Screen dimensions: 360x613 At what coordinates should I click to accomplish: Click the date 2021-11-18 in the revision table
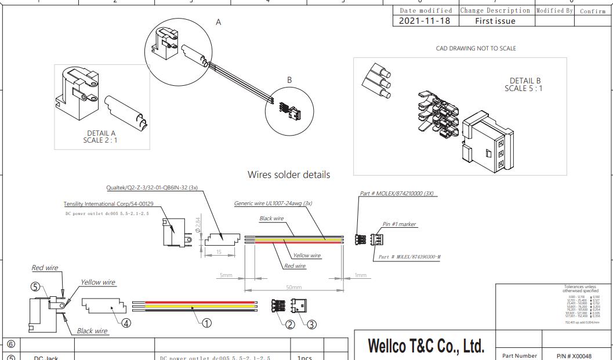tap(425, 21)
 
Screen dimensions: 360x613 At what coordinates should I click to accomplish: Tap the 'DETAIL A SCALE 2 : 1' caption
tap(101, 136)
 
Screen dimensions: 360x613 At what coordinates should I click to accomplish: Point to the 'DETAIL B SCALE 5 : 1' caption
tap(525, 85)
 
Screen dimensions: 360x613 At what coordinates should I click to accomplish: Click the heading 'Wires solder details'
tap(289, 174)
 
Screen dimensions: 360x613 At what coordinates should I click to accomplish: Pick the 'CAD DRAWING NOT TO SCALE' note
tap(476, 49)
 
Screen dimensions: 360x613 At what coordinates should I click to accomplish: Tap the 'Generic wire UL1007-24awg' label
tap(273, 203)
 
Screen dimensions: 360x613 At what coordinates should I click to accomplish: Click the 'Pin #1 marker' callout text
tap(399, 224)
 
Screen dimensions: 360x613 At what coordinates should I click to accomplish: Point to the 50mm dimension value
tap(294, 288)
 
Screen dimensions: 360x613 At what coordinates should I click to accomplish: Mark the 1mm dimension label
tap(361, 275)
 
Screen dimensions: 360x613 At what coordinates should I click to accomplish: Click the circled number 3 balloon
tap(311, 325)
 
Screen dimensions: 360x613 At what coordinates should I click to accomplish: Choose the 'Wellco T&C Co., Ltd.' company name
tap(425, 347)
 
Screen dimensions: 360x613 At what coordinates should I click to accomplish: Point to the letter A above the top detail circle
tap(219, 22)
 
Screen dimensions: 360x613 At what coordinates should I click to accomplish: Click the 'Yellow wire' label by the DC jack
tap(97, 282)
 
